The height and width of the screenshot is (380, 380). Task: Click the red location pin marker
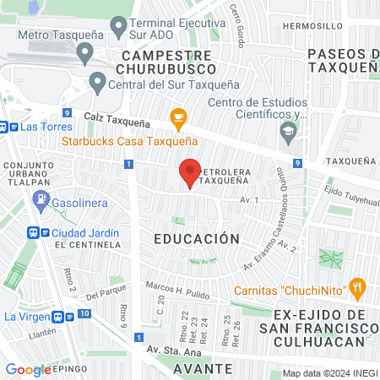190,173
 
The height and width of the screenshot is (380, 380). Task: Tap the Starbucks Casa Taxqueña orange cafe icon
177,117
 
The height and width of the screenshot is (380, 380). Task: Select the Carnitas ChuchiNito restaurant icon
357,288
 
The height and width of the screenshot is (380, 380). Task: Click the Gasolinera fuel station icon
40,199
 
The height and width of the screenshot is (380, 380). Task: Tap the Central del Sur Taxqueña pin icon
97,83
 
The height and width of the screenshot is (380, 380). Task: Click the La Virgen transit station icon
61,317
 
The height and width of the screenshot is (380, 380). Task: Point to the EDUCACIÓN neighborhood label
197,239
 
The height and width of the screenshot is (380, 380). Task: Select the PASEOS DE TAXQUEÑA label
342,62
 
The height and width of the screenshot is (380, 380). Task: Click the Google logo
28,369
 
